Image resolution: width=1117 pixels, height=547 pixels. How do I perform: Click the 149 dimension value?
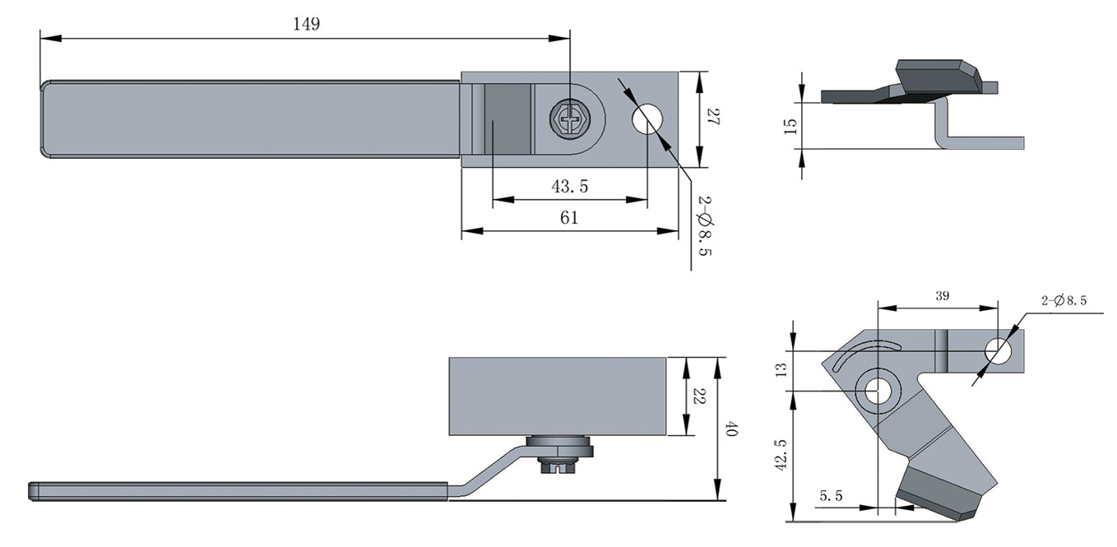(x=306, y=24)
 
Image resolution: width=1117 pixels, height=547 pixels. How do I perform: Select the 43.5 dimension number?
(x=569, y=187)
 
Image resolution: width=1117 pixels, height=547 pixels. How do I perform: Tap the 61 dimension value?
(x=569, y=218)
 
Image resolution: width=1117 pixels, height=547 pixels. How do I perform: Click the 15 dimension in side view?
(x=790, y=126)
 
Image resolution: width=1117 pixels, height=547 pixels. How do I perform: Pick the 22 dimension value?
(x=698, y=396)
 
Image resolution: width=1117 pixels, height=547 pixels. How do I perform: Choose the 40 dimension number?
(x=731, y=429)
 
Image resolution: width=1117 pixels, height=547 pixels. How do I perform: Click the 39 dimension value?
(x=943, y=297)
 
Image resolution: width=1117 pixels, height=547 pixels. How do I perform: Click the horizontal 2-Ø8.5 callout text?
(x=1064, y=301)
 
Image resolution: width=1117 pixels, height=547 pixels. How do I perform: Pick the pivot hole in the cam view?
(x=877, y=392)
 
